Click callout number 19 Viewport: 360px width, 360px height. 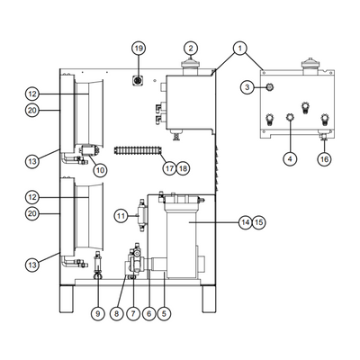tap(139, 49)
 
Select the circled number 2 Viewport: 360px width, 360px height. tap(191, 48)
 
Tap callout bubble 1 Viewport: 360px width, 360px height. tap(239, 48)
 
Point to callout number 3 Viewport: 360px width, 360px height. tap(247, 87)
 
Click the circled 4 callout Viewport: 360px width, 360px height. tap(290, 158)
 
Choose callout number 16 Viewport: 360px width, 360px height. tap(325, 158)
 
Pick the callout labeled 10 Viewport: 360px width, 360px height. tap(100, 170)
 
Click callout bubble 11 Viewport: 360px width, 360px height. tap(121, 216)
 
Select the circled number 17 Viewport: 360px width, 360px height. tap(169, 168)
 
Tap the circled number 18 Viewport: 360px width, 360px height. tap(183, 168)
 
